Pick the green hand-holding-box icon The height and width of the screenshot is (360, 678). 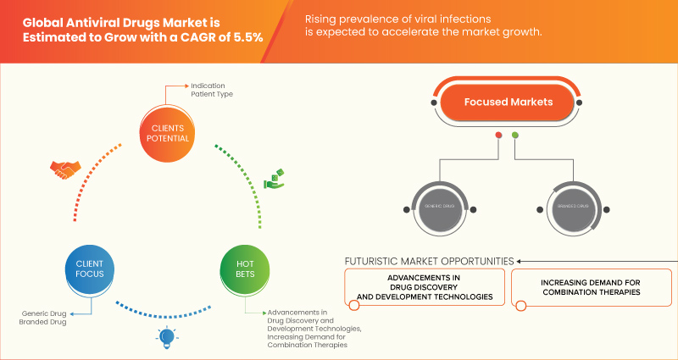point(273,180)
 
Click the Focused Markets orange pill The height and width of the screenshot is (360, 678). point(507,102)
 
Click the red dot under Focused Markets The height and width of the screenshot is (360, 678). point(498,136)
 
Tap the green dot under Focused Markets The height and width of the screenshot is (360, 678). point(515,136)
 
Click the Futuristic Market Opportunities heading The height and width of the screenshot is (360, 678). point(428,261)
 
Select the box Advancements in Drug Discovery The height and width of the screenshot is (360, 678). point(424,288)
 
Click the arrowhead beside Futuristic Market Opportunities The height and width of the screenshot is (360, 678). point(520,261)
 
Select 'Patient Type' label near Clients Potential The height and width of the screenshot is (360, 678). point(213,94)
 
